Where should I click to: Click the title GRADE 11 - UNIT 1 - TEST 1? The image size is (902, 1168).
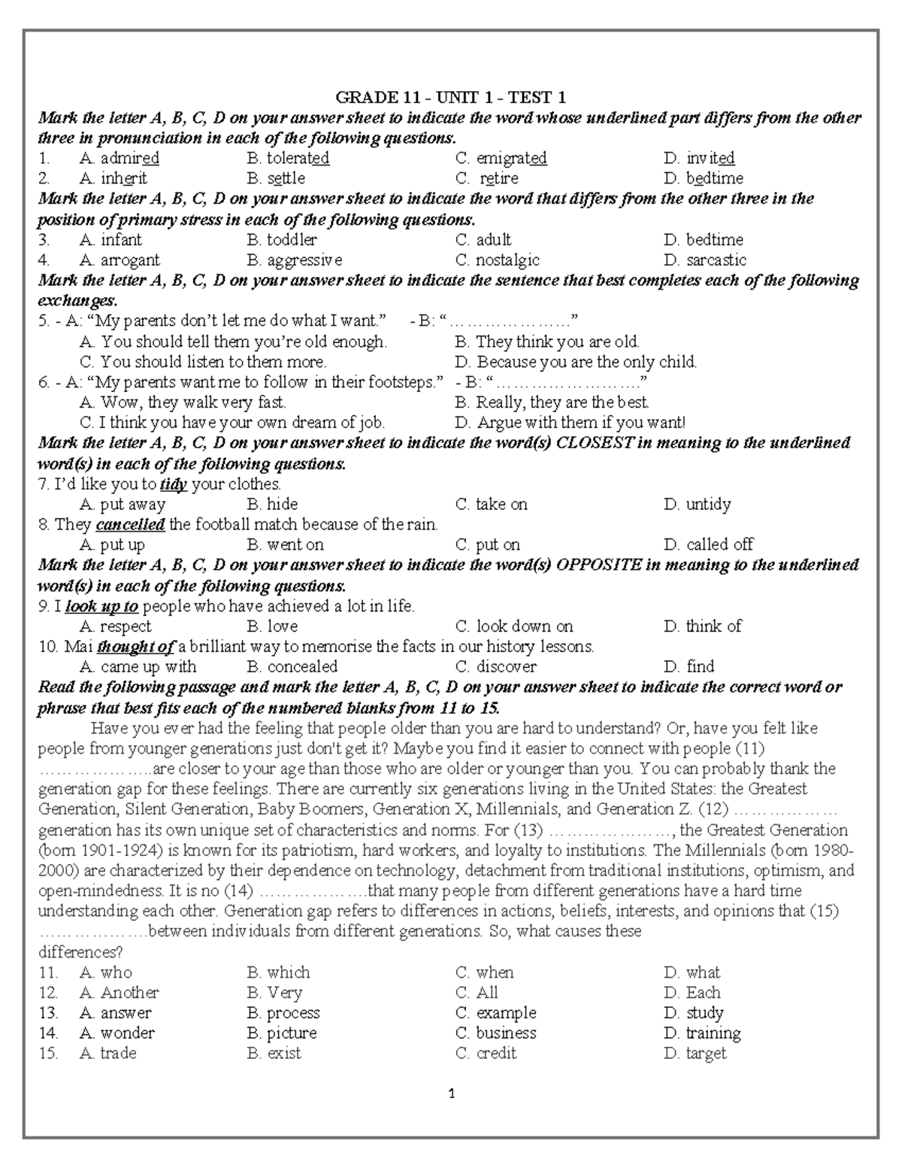450,98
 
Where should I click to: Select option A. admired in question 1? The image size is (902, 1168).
119,159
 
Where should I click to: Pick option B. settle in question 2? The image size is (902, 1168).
276,179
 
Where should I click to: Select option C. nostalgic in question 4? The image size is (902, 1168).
498,260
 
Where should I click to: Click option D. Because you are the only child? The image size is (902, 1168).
576,362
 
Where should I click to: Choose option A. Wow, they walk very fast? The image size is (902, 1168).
183,402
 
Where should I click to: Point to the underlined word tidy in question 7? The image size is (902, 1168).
174,484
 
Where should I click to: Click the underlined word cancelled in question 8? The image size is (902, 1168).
131,525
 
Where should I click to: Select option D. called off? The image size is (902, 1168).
708,545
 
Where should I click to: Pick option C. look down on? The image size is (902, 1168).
514,626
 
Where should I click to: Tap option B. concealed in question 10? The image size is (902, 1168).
292,667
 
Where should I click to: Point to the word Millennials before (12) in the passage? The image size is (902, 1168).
518,810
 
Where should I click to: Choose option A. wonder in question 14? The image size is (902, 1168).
117,1033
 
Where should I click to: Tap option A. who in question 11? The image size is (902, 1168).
106,972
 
